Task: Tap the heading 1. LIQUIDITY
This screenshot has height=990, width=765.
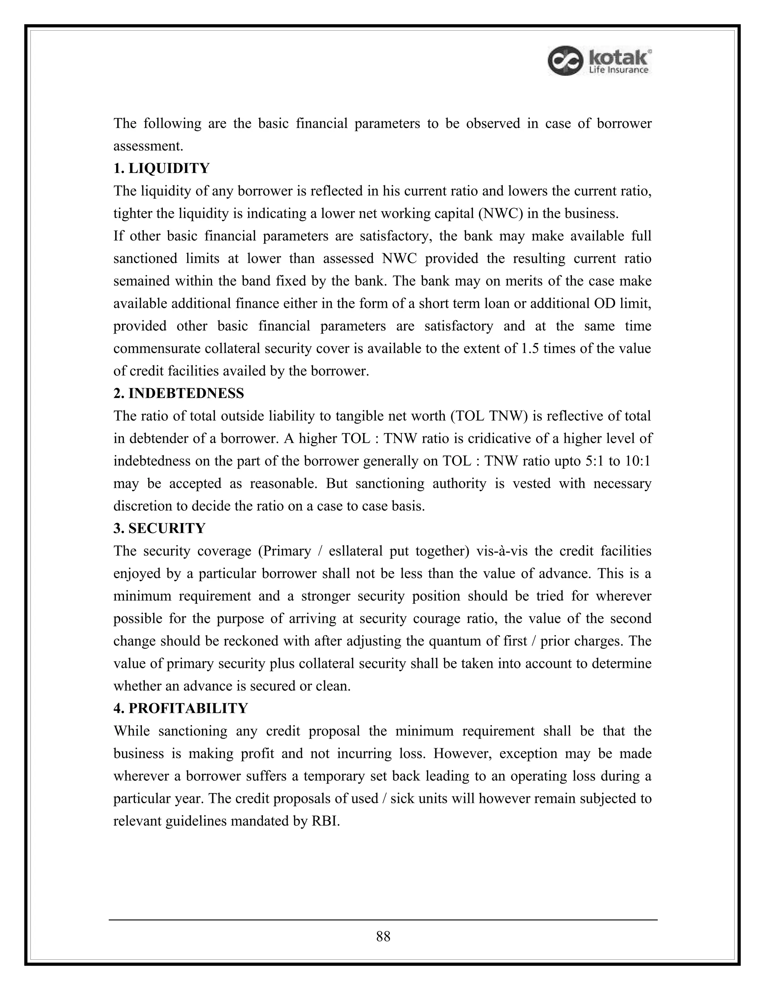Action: click(x=161, y=168)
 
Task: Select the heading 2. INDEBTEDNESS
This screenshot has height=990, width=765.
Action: click(x=179, y=393)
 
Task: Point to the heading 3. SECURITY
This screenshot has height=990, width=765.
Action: click(x=159, y=529)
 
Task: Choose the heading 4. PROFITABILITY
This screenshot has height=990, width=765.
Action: click(x=180, y=708)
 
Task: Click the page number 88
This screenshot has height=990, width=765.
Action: click(x=383, y=937)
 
